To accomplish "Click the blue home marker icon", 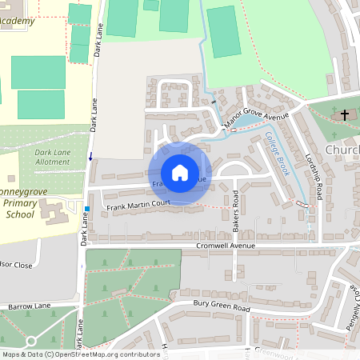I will (179, 173).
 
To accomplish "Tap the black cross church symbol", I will (345, 115).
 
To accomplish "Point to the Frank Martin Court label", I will (139, 206).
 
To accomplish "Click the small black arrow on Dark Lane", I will (90, 155).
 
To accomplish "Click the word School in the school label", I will (20, 215).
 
